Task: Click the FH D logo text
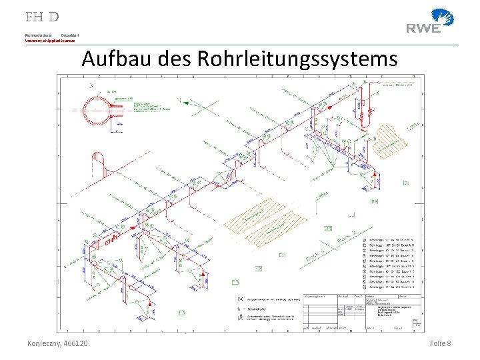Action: tap(42, 17)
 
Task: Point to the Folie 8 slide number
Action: tap(441, 343)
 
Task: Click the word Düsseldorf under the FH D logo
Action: tap(70, 34)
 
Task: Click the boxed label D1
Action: tap(406, 183)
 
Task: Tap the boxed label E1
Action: tap(283, 255)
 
